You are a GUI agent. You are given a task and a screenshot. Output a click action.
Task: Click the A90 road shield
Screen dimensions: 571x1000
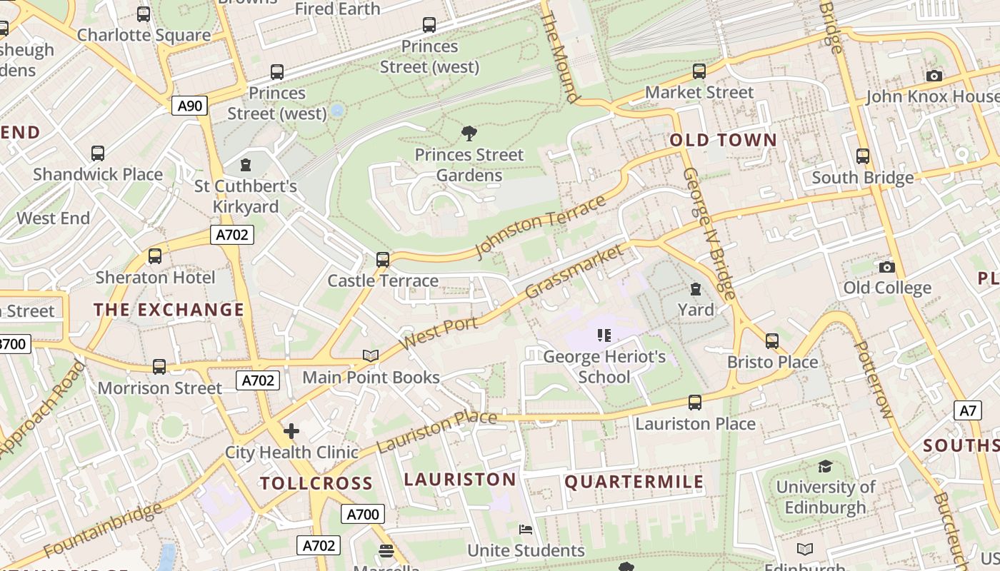click(189, 106)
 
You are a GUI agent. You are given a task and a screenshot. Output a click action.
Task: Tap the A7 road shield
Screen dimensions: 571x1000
click(967, 410)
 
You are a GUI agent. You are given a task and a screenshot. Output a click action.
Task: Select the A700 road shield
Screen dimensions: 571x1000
click(363, 514)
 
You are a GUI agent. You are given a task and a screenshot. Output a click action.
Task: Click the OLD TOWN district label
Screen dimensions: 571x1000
click(723, 140)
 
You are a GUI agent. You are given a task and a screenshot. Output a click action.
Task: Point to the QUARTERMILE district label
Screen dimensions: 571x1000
click(634, 482)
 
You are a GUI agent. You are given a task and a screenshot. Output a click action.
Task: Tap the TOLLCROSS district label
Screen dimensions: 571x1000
click(316, 483)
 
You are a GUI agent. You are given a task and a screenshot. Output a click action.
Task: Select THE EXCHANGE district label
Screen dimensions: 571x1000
click(169, 310)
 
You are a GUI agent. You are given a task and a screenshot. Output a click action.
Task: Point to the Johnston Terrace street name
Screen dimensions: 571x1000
click(540, 226)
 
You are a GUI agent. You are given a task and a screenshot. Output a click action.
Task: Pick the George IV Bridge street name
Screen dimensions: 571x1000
click(709, 233)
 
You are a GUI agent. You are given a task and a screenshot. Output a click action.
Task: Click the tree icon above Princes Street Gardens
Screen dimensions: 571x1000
click(469, 133)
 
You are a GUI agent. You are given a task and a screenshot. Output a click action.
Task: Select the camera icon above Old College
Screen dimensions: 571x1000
click(887, 267)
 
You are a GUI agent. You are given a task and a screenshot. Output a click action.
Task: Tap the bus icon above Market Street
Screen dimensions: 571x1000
click(699, 71)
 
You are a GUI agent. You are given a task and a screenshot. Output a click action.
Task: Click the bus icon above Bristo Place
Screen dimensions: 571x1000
click(772, 341)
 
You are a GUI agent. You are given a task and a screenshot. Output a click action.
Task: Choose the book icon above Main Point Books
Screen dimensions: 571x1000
click(370, 355)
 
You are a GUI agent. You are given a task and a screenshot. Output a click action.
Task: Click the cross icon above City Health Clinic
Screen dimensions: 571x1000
click(291, 431)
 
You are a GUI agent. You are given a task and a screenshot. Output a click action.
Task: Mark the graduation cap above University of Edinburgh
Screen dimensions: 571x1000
click(825, 466)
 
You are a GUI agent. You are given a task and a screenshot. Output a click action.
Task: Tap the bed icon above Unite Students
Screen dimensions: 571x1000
click(526, 530)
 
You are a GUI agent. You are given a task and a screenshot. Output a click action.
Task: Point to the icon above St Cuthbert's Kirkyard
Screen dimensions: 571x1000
click(246, 165)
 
